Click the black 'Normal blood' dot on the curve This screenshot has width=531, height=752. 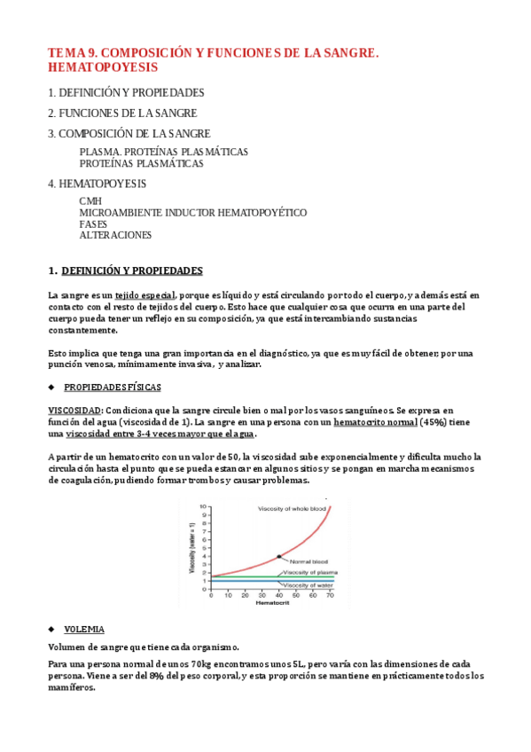pos(278,556)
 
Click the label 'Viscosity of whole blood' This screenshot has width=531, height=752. pos(293,508)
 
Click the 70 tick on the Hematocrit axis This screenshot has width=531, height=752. pos(330,596)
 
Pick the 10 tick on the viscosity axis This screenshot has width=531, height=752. pos(203,505)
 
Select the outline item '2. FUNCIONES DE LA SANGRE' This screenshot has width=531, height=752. pos(122,113)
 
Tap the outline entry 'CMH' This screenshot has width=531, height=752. pos(90,201)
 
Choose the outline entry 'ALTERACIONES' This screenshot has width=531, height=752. pos(115,235)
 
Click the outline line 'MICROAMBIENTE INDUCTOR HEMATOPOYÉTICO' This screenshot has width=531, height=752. pos(192,213)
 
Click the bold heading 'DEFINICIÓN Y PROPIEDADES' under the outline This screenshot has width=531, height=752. pos(132,270)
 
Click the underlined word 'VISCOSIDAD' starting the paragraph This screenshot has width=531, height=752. pos(74,411)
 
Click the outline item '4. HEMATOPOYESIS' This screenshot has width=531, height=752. pos(97,184)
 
